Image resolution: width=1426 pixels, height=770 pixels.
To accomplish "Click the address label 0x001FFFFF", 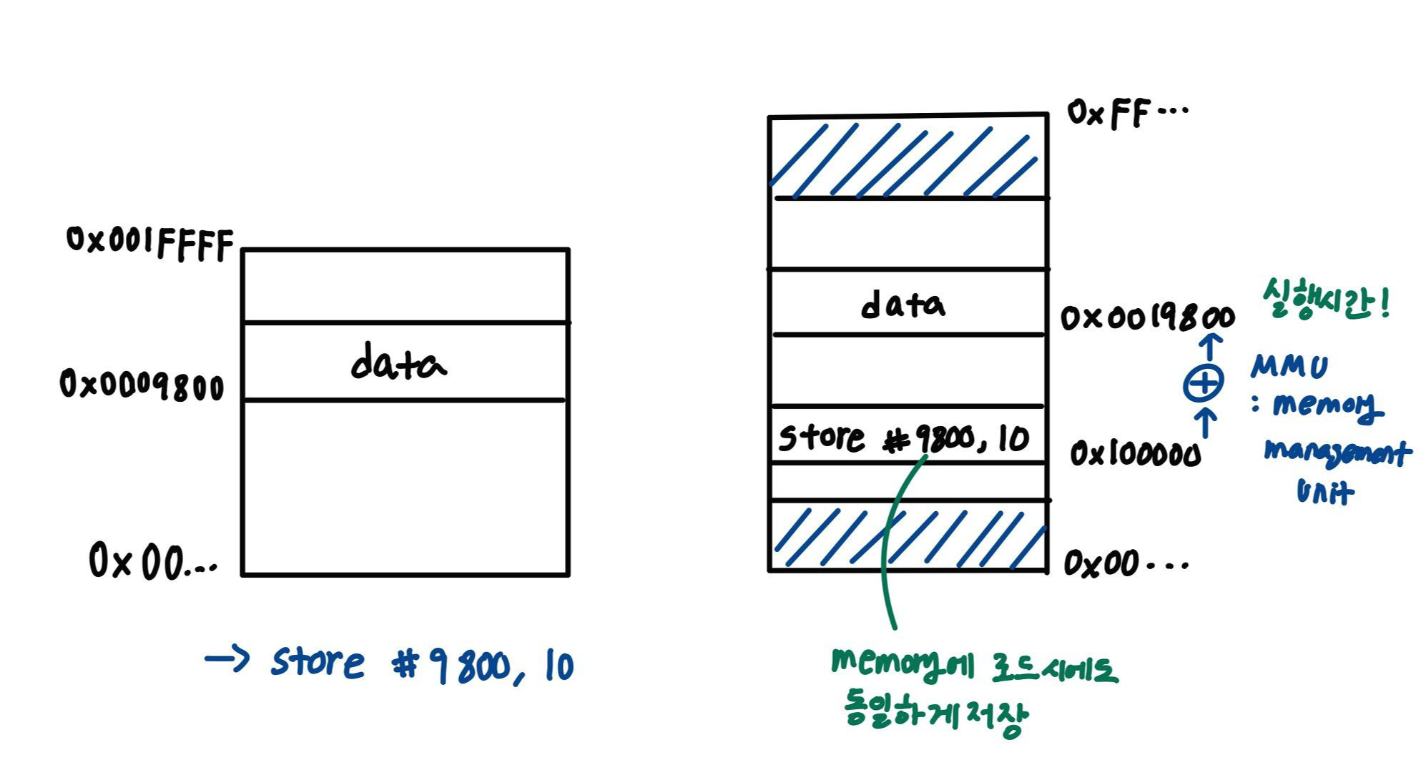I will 149,243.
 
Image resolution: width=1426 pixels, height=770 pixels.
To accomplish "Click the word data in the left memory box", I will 398,363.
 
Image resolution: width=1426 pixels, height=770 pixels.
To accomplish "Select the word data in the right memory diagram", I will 903,305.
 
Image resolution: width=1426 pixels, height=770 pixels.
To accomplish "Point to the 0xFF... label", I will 1126,113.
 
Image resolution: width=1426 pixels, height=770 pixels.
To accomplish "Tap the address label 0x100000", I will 1135,454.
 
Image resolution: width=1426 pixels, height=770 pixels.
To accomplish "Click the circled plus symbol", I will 1203,384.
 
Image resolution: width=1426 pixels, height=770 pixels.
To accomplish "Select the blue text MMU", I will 1289,367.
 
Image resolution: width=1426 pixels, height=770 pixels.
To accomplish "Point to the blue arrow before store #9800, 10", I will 227,658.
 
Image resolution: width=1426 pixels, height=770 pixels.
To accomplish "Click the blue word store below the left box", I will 318,662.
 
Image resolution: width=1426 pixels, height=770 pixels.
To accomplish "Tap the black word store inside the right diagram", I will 821,437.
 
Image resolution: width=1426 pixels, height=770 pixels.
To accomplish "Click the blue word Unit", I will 1324,491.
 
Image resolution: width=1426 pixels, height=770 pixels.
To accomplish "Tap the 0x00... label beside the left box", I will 152,561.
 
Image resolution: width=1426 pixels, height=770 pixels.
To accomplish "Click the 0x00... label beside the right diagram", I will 1124,564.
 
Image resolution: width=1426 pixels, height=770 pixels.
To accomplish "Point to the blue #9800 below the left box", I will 451,666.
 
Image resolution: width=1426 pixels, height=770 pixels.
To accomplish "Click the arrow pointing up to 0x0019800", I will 1209,347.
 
